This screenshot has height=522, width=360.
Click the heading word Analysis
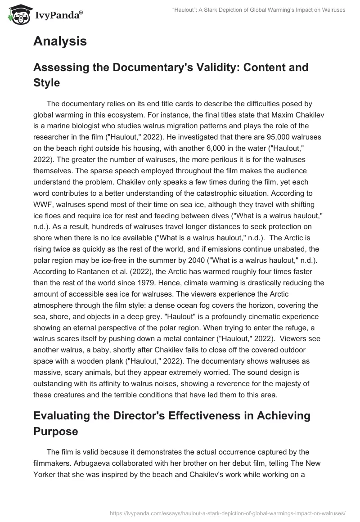(x=60, y=41)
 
